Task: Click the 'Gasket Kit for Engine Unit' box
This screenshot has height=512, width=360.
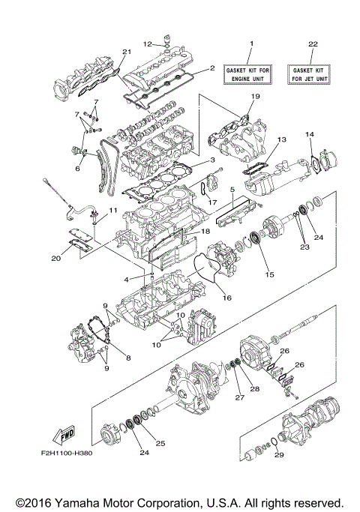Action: click(252, 73)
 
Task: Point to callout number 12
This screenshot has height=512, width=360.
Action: click(148, 44)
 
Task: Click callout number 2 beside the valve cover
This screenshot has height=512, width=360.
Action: click(212, 67)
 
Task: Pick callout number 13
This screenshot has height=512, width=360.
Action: click(283, 139)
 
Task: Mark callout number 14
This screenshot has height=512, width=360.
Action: click(308, 133)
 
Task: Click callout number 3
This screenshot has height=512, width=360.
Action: click(213, 160)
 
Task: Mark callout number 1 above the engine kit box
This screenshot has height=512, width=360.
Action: click(252, 43)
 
